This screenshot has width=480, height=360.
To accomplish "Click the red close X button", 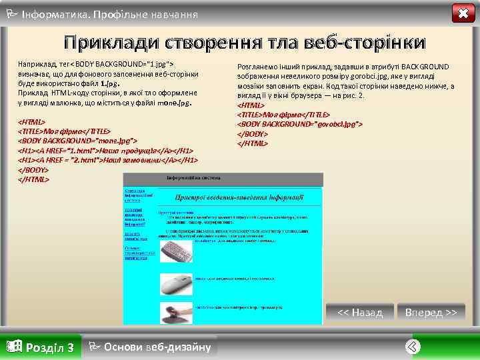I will pyautogui.click(x=463, y=13).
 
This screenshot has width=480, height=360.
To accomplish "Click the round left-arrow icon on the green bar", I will pyautogui.click(x=413, y=346).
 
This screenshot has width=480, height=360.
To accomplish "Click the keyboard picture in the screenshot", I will pyautogui.click(x=176, y=251).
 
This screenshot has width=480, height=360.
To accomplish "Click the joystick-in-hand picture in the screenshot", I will pyautogui.click(x=176, y=311).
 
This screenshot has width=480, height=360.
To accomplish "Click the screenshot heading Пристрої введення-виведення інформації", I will pyautogui.click(x=239, y=197).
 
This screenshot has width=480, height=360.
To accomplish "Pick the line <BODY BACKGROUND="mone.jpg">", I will pyautogui.click(x=77, y=141).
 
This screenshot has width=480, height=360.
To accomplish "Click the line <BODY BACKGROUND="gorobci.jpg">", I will pyautogui.click(x=300, y=124).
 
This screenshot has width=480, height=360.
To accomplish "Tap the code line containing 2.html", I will pyautogui.click(x=107, y=160).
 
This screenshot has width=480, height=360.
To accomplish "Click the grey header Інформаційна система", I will pyautogui.click(x=223, y=179).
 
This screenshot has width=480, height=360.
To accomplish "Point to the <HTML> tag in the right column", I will pyautogui.click(x=251, y=105).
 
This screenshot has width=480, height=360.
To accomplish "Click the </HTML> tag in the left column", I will pyautogui.click(x=33, y=179).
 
